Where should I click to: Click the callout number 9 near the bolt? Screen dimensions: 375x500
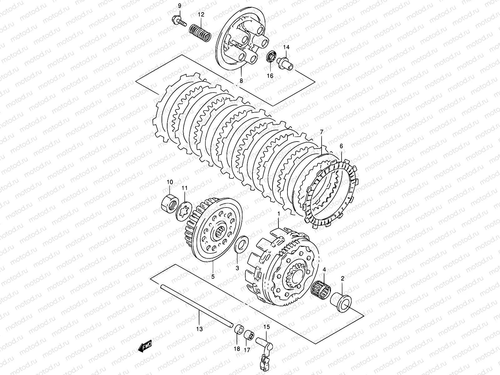(179, 6)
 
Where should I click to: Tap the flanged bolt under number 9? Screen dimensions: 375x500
(177, 21)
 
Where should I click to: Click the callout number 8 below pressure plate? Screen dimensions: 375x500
(241, 81)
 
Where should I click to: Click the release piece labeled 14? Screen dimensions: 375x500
(286, 62)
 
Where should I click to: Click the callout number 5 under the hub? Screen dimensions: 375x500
(213, 276)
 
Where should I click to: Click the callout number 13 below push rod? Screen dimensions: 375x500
(200, 329)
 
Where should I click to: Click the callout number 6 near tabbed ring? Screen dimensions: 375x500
(341, 146)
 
